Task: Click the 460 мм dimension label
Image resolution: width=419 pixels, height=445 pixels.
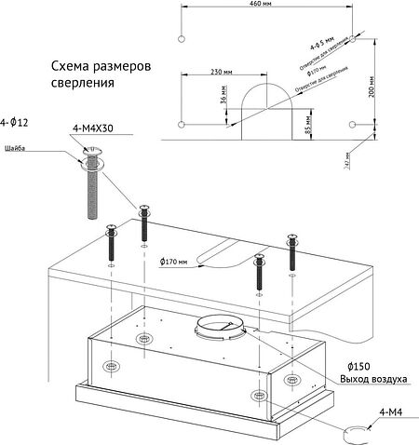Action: [x=266, y=6]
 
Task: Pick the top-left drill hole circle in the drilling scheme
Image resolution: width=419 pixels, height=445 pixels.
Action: [x=182, y=37]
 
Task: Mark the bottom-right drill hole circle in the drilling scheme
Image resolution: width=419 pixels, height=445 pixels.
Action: [x=353, y=124]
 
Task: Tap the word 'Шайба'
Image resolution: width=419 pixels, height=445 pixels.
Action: [x=15, y=149]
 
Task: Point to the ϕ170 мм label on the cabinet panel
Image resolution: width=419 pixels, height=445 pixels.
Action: [x=173, y=262]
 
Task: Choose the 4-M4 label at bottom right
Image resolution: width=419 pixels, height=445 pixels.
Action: [x=393, y=411]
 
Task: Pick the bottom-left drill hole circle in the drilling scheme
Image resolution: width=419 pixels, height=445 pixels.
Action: [x=182, y=124]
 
